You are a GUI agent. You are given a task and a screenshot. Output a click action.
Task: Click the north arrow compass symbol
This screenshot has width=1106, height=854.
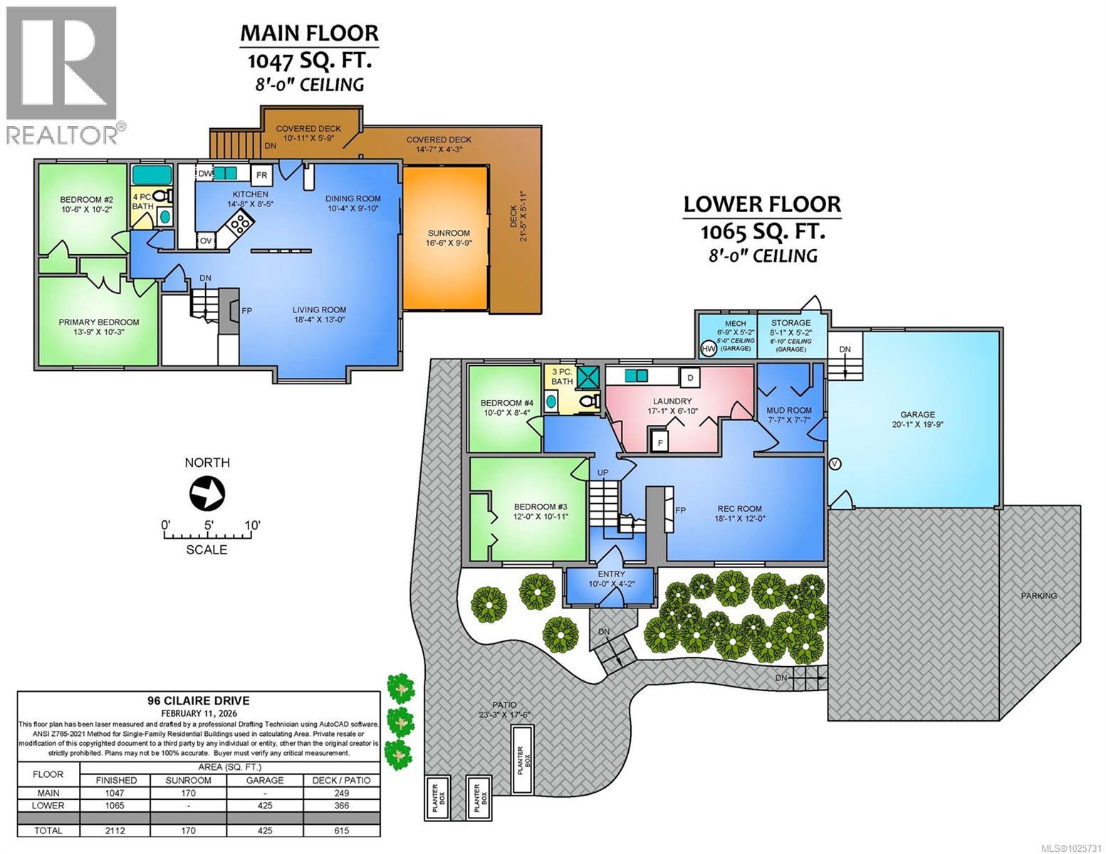pyautogui.click(x=207, y=492)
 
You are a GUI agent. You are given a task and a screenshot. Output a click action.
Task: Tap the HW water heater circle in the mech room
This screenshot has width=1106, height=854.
pyautogui.click(x=709, y=349)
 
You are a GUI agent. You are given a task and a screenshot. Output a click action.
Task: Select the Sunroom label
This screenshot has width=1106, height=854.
pyautogui.click(x=449, y=233)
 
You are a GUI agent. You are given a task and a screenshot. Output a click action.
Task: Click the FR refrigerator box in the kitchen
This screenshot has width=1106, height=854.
pyautogui.click(x=261, y=175)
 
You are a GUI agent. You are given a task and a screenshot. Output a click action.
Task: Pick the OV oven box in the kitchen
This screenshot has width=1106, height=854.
pyautogui.click(x=206, y=241)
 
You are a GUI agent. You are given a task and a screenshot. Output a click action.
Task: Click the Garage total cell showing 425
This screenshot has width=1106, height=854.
pyautogui.click(x=264, y=830)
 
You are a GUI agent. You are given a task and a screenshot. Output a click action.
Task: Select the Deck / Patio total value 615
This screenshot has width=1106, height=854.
pyautogui.click(x=342, y=830)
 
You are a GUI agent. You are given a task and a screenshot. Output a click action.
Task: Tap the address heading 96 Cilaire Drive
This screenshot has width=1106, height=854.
pyautogui.click(x=199, y=700)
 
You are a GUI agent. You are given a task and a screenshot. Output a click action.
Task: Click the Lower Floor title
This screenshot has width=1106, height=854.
pyautogui.click(x=762, y=204)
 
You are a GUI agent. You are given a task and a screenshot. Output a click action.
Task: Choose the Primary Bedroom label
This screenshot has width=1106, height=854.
pyautogui.click(x=99, y=322)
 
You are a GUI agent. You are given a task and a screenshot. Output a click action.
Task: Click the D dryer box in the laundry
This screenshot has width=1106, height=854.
pyautogui.click(x=689, y=376)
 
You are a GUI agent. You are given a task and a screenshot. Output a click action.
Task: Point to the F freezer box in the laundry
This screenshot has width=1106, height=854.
pyautogui.click(x=660, y=442)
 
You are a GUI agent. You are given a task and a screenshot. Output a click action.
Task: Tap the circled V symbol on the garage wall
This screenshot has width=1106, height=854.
pyautogui.click(x=836, y=464)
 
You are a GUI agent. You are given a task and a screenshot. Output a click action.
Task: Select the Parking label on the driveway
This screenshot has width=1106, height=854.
pyautogui.click(x=1038, y=595)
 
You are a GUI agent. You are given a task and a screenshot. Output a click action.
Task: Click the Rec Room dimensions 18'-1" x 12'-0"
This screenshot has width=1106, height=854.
pyautogui.click(x=739, y=519)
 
